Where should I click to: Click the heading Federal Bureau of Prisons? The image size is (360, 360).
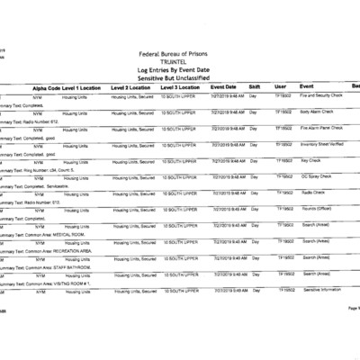click(180, 53)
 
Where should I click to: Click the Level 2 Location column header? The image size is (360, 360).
click(130, 87)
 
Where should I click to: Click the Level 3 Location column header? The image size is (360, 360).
click(180, 87)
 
